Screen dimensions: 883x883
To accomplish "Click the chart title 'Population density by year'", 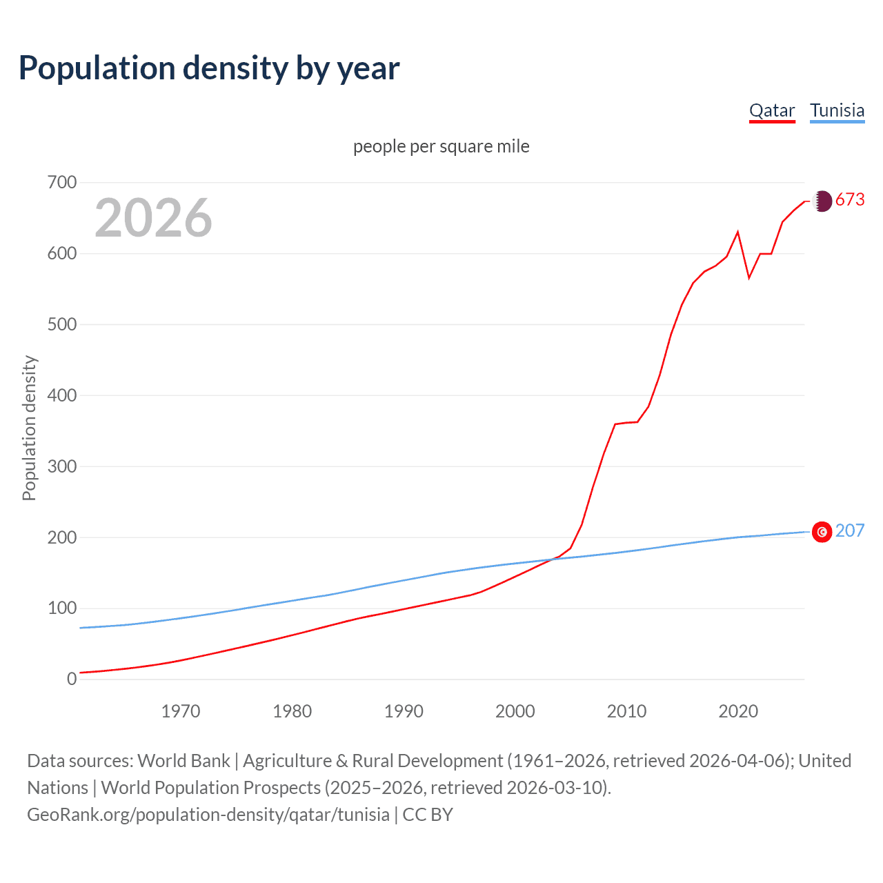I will [x=209, y=68].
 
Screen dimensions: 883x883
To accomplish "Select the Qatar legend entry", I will [x=772, y=111].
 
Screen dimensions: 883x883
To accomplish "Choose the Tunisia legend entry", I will [x=837, y=111].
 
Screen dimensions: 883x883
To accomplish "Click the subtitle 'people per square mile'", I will [x=441, y=147].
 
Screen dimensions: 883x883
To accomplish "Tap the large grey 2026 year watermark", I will [x=153, y=218].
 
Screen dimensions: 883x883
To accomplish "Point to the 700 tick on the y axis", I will [x=62, y=183].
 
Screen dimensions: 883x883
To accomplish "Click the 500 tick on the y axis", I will [x=62, y=324].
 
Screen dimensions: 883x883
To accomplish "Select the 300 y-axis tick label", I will [x=62, y=466].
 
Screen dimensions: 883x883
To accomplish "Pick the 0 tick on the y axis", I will [x=72, y=679].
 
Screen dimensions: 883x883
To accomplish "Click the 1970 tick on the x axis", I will [x=181, y=711].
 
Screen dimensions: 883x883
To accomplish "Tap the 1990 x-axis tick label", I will [x=404, y=711].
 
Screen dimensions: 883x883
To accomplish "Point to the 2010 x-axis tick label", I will [x=626, y=711].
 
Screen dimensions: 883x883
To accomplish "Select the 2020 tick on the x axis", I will [x=738, y=711].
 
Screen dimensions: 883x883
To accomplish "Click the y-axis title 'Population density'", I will [x=29, y=428].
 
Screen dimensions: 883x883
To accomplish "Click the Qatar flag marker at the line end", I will [x=822, y=201].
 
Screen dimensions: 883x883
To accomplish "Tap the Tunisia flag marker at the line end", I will [x=822, y=532].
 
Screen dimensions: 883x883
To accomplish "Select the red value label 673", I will [x=850, y=200].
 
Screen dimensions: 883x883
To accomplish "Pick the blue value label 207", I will [x=850, y=530].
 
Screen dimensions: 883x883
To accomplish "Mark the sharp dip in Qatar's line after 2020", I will [x=749, y=277].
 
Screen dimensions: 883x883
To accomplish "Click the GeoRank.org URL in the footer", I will [x=208, y=815].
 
